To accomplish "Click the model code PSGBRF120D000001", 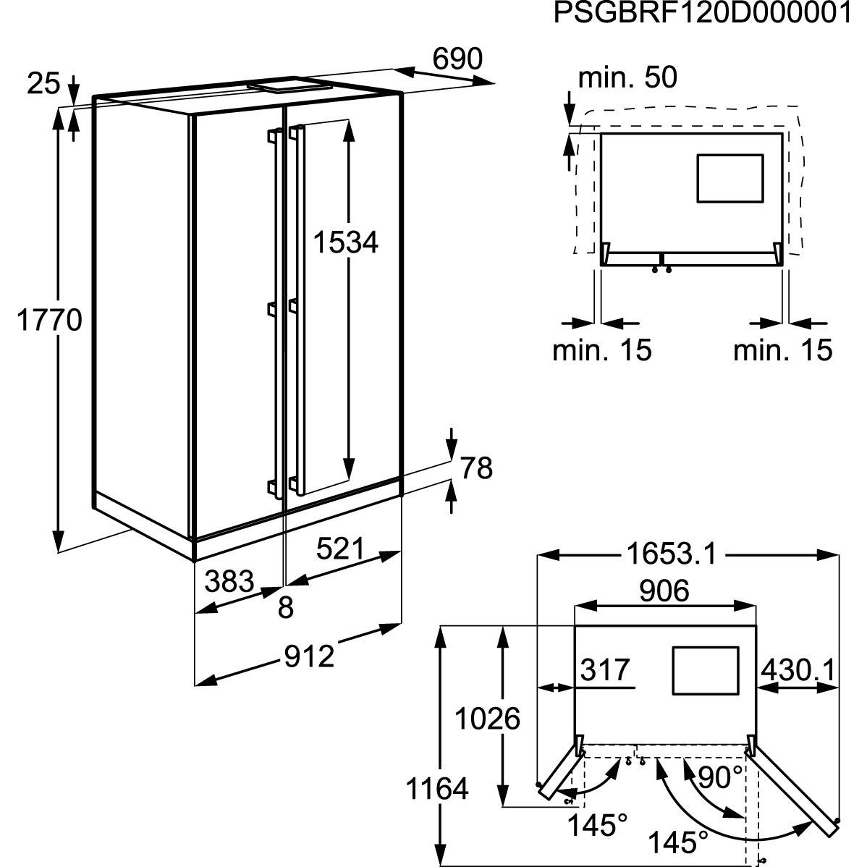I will [x=702, y=13].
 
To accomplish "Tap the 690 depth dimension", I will [x=457, y=59].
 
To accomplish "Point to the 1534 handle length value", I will [x=345, y=242].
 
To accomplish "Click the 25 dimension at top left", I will [x=43, y=85].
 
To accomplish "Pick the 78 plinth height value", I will [x=475, y=468].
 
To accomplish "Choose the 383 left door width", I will [x=229, y=581].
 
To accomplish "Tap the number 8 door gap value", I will [x=286, y=608].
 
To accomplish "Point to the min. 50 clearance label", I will [x=627, y=77].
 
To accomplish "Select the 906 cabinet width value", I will [x=664, y=591].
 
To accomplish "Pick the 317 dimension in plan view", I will [x=606, y=670].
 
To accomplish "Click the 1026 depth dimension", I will [x=487, y=719].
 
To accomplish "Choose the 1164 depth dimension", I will [x=436, y=788].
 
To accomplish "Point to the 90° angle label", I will [x=720, y=779].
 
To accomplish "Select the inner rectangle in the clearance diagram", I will [x=729, y=177].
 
